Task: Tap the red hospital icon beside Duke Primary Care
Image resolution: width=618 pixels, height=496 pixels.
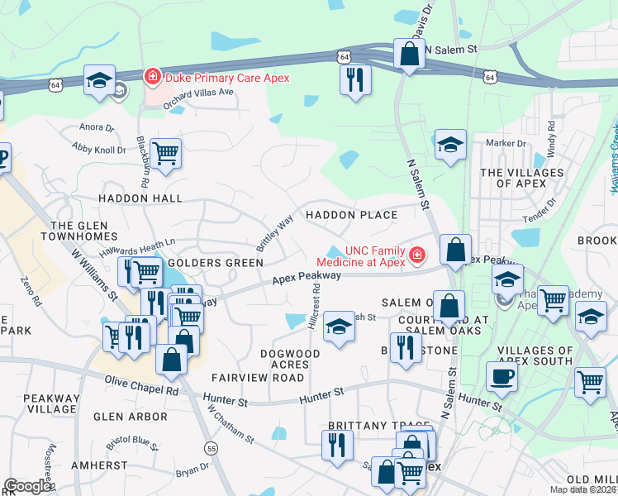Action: pos(152,78)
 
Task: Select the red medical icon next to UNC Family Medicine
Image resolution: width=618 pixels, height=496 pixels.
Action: pos(417,254)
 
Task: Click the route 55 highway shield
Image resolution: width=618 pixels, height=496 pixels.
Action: pos(212,448)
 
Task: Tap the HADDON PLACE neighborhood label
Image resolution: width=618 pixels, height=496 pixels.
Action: pos(351,215)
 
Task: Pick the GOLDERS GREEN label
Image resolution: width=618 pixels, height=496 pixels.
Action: pos(215,263)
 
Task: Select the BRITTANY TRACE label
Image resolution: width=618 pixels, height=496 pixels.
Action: pos(367,425)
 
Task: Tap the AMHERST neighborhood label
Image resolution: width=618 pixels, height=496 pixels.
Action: pos(99,466)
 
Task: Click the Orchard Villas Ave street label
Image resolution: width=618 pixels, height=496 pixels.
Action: pos(199,92)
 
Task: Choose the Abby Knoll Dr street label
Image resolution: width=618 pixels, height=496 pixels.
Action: pos(99,150)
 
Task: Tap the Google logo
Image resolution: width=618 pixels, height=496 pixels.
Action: pos(27,486)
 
